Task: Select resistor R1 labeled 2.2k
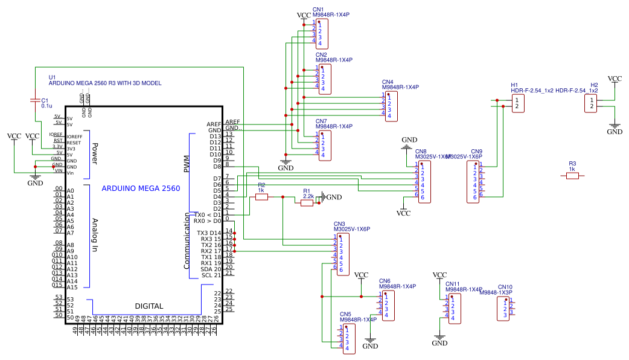(x=307, y=204)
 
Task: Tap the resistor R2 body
(x=261, y=197)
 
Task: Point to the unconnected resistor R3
(x=572, y=176)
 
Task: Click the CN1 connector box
(x=321, y=33)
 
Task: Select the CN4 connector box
(x=391, y=106)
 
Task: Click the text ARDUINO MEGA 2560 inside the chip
(x=141, y=188)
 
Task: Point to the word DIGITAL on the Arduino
(x=148, y=306)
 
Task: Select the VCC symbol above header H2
(x=615, y=79)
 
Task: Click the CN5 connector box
(x=349, y=339)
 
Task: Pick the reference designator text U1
(x=52, y=77)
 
